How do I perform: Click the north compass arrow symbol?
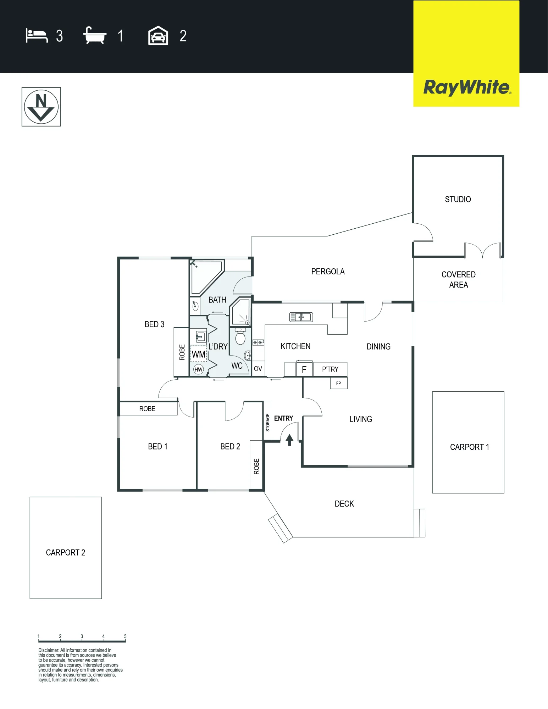point(41,107)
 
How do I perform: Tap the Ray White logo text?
point(467,88)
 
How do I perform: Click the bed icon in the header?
point(37,36)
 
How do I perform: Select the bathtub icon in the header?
point(95,35)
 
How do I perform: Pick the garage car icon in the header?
point(158,35)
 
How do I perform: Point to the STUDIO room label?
point(458,199)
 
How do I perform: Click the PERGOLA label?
point(328,272)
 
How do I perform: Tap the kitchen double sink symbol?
point(301,317)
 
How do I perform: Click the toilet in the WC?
point(240,336)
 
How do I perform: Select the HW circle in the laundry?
point(199,369)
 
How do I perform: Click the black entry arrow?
point(289,440)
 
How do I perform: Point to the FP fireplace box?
point(339,383)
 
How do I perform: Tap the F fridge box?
point(304,369)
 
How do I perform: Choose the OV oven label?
point(258,369)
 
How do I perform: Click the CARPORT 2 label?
point(66,553)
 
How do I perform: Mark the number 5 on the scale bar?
point(125,636)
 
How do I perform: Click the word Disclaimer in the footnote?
point(49,650)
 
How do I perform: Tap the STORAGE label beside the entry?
point(268,422)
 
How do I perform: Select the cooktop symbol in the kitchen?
point(258,342)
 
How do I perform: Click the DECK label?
point(344,504)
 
